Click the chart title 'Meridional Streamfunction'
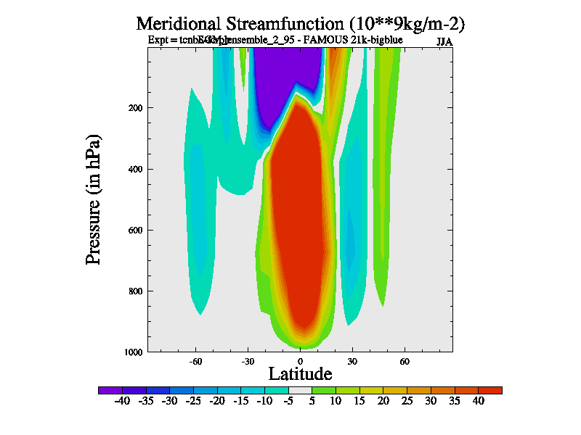click(x=300, y=24)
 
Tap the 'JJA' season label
click(x=444, y=41)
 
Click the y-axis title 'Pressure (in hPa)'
click(x=94, y=199)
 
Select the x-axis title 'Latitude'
click(x=300, y=374)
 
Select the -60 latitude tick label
click(x=195, y=360)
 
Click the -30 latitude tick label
click(x=247, y=360)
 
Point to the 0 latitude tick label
click(x=300, y=360)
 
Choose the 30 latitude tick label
click(x=352, y=360)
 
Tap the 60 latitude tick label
click(x=405, y=360)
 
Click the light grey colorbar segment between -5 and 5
click(x=300, y=390)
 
